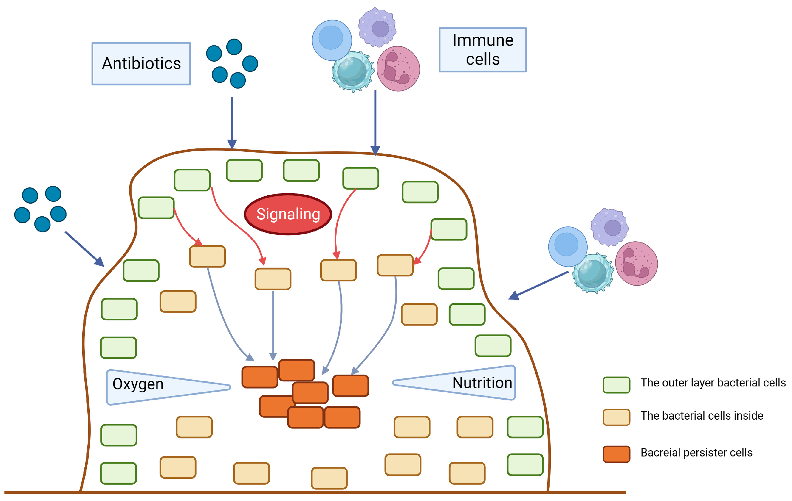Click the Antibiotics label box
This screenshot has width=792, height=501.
point(141,64)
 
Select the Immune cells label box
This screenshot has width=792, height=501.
point(482,50)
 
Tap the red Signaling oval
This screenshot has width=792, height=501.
point(288,214)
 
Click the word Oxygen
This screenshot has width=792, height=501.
point(138,384)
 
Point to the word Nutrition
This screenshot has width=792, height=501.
point(482,383)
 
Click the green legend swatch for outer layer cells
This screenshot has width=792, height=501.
point(616,385)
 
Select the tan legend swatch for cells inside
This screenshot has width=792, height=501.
point(616,417)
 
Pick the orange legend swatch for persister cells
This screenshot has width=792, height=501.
point(616,454)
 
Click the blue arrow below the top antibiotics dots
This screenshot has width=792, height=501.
point(232,122)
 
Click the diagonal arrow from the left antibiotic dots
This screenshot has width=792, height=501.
point(84,248)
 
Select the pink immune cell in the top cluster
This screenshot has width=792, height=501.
point(398,69)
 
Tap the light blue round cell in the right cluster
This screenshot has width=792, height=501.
point(567,246)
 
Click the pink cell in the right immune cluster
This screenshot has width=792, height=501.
point(636,264)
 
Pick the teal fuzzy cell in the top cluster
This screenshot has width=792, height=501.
point(352,71)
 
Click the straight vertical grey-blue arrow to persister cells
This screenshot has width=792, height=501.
point(273,325)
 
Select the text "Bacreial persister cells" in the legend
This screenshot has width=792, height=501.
point(696,453)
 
